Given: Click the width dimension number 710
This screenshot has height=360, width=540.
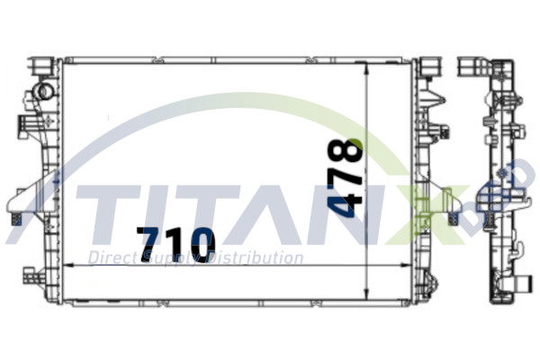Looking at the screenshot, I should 176,242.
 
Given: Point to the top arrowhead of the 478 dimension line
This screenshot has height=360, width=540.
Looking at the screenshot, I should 368,68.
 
